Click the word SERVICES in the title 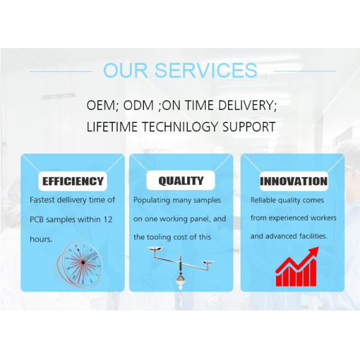click(206, 70)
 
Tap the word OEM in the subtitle click(100, 105)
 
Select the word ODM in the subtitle click(139, 105)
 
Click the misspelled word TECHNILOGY click(179, 127)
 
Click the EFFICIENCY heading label click(73, 181)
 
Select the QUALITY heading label click(181, 181)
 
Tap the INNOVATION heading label click(293, 181)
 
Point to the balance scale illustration click(181, 268)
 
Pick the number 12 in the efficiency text click(107, 220)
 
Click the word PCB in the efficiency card click(37, 220)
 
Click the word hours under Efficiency click(41, 239)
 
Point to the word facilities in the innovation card click(313, 236)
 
